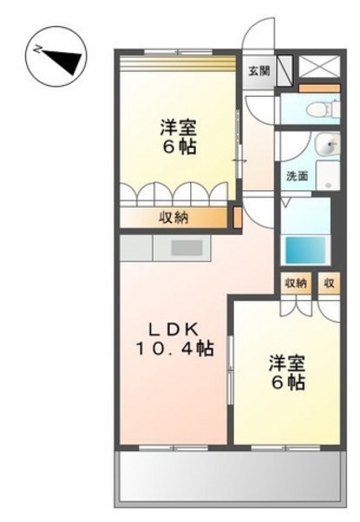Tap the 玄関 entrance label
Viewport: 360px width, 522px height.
click(x=258, y=71)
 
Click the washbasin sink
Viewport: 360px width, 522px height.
click(x=327, y=144)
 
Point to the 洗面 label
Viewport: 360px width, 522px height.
click(x=298, y=176)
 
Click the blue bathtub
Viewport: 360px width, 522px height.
click(x=306, y=250)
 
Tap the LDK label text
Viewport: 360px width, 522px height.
click(x=173, y=330)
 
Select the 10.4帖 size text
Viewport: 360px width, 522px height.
click(x=173, y=349)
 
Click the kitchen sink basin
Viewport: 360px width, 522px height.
click(x=187, y=248)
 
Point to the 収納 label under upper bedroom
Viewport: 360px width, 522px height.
click(x=173, y=218)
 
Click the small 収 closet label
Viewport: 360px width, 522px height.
click(x=329, y=283)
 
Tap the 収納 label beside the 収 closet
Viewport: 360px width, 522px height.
click(x=296, y=283)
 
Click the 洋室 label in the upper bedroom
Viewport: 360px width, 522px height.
click(x=178, y=128)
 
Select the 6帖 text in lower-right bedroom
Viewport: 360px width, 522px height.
click(x=288, y=382)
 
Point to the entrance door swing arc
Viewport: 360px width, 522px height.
click(x=258, y=33)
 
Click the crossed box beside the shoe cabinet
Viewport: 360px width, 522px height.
click(x=320, y=66)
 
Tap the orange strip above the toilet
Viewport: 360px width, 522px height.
click(x=320, y=89)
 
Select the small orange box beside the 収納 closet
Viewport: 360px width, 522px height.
click(x=238, y=218)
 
